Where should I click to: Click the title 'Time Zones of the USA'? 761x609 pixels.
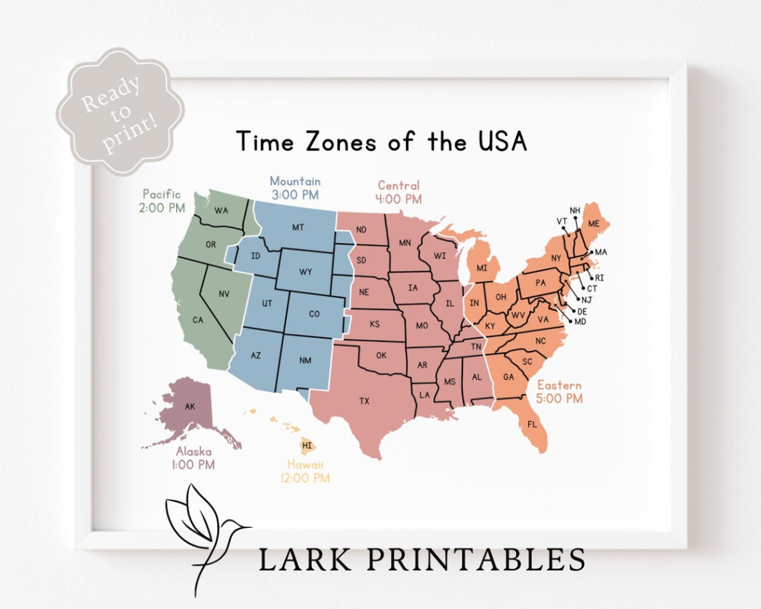(x=381, y=141)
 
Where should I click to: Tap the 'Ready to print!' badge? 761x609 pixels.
(x=120, y=112)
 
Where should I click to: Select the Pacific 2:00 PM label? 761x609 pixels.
(x=162, y=201)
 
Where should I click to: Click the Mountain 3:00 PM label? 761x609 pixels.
(x=295, y=188)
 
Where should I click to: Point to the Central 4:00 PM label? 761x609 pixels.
(x=398, y=192)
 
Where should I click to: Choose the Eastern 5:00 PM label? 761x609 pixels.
(x=560, y=392)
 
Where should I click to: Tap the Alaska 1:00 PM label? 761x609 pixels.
(x=194, y=458)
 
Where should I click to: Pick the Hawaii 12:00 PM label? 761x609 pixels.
(x=305, y=471)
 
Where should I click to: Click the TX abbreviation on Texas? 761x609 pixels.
(x=364, y=402)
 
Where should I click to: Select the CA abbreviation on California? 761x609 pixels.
(x=198, y=320)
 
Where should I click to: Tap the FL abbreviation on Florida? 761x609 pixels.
(x=532, y=425)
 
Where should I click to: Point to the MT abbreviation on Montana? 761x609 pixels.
(x=298, y=228)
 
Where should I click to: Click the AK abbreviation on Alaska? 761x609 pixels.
(x=190, y=407)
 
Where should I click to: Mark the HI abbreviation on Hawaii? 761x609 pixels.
(x=308, y=445)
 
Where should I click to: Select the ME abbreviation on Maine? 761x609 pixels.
(x=594, y=224)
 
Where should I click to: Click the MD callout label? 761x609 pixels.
(x=580, y=321)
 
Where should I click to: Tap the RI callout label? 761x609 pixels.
(x=600, y=278)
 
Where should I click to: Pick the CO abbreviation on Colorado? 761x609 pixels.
(x=314, y=314)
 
